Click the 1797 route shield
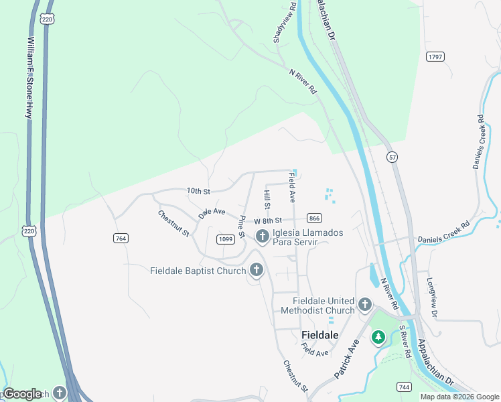click(x=435, y=57)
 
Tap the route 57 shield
click(x=392, y=156)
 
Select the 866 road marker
click(x=314, y=218)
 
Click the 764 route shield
click(x=121, y=239)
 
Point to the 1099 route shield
click(x=225, y=239)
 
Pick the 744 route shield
click(x=403, y=387)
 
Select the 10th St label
click(x=199, y=192)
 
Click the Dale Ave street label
click(x=212, y=212)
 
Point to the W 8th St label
click(x=268, y=220)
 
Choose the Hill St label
click(x=267, y=199)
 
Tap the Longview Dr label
click(x=432, y=297)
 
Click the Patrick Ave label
click(x=346, y=358)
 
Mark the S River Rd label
click(x=405, y=342)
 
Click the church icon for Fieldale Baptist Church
click(x=255, y=270)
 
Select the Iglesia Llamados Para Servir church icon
click(x=261, y=236)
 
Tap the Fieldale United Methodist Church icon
click(x=365, y=305)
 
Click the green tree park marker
click(x=378, y=336)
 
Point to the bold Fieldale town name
click(x=319, y=334)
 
